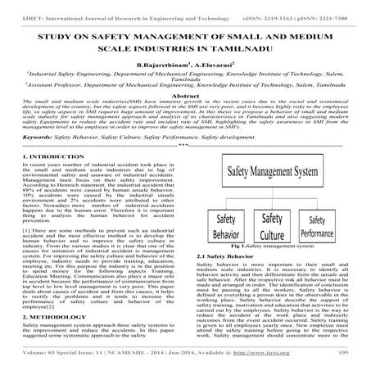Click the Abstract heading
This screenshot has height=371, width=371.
(x=184, y=93)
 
